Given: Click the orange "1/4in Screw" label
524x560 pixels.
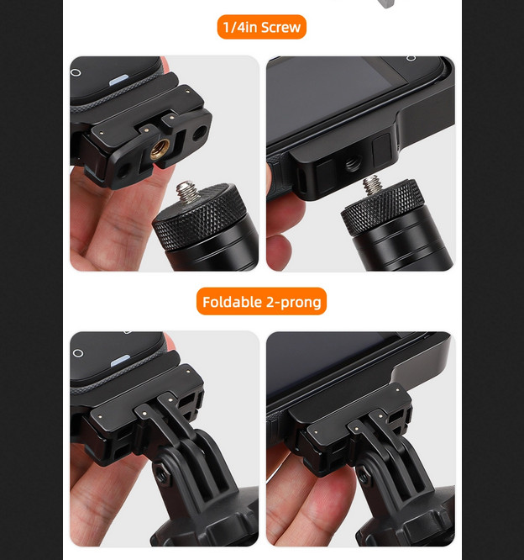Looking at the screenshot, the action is pos(261,27).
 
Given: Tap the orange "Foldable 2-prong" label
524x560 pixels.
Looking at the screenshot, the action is pos(261,301).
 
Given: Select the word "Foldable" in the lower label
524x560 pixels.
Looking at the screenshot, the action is pos(233,302).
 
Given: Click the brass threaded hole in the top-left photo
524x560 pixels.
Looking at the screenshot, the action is pos(160,150).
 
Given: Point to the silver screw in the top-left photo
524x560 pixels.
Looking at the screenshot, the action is pos(187,192).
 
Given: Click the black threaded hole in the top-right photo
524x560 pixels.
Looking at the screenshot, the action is pos(353,165).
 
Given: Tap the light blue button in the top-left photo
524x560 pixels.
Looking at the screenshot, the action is pos(119,80).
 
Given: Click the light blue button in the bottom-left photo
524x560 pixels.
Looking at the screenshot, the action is pos(121,361).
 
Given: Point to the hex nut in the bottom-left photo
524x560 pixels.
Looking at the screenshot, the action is pos(162,475).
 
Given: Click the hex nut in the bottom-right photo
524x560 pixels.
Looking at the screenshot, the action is pos(364,475).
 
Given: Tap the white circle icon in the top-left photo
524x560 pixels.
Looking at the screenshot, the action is pos(76,72).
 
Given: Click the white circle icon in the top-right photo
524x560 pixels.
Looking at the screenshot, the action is pos(411,58).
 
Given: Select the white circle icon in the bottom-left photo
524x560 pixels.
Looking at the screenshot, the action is pos(78,353).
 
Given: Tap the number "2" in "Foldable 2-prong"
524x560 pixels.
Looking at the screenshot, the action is pos(270,302).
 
